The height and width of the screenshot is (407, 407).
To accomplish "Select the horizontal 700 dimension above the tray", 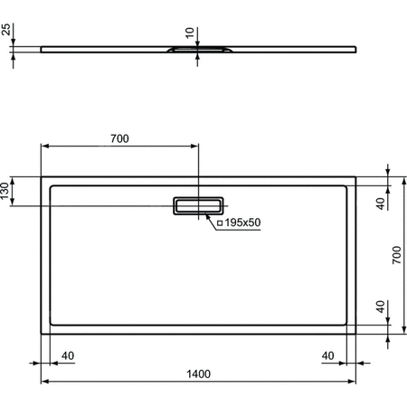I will click(119, 138).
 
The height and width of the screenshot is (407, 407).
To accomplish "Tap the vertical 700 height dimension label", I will click(394, 256).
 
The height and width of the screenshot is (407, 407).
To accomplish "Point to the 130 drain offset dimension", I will click(7, 192).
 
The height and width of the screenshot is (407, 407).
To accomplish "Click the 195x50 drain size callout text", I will click(242, 222).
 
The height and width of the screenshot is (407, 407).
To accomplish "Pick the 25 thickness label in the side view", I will click(7, 33).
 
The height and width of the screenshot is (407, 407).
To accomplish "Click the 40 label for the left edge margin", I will click(67, 355).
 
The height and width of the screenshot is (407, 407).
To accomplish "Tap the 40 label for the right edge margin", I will click(328, 355).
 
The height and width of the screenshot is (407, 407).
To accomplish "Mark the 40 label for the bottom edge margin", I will click(381, 306).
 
